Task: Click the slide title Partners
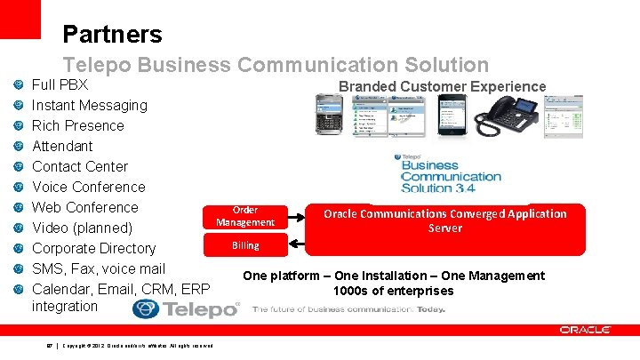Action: point(112,35)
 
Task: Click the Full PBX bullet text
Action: point(60,85)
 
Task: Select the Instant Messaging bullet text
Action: point(90,105)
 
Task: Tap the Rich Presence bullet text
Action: point(78,125)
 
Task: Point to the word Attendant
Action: point(62,146)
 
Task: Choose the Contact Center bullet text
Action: point(80,166)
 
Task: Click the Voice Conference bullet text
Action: point(89,187)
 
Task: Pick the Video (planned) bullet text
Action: point(83,228)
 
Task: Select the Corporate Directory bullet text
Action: point(93,248)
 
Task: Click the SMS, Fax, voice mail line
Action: point(99,268)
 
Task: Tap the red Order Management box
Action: point(245,216)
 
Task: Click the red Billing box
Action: point(245,245)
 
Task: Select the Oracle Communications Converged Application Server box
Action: point(444,227)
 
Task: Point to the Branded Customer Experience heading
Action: point(442,86)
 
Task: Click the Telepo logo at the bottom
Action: point(184,308)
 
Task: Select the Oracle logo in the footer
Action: point(585,330)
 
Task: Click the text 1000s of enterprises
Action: point(393,291)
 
